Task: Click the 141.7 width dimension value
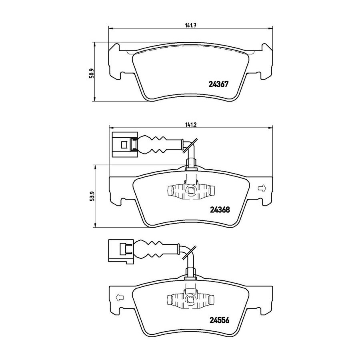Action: coord(190,26)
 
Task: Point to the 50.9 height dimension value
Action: coord(91,73)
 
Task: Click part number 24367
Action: coord(218,84)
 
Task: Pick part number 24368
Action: coord(220,210)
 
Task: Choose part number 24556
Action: coord(220,320)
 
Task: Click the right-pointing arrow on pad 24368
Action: coord(262,188)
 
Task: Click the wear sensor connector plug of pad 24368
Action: coord(125,145)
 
